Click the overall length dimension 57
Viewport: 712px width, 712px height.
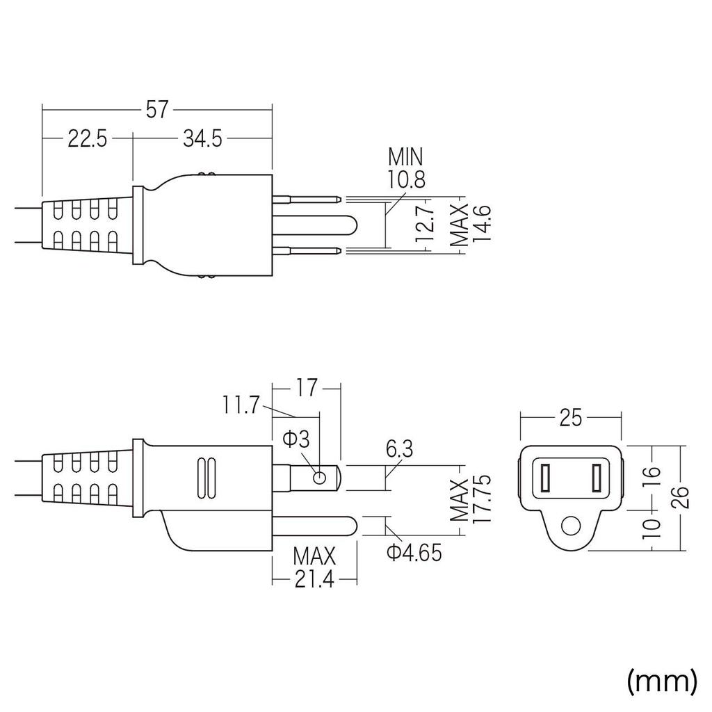coord(156,108)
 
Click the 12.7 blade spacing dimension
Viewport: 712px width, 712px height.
coord(425,224)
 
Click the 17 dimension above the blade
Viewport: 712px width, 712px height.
coord(307,387)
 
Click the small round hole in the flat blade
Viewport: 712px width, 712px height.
coord(320,478)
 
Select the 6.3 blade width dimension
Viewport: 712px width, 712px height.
coord(399,449)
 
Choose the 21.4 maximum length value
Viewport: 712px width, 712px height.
coord(314,578)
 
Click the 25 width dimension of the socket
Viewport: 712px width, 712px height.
coord(570,418)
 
